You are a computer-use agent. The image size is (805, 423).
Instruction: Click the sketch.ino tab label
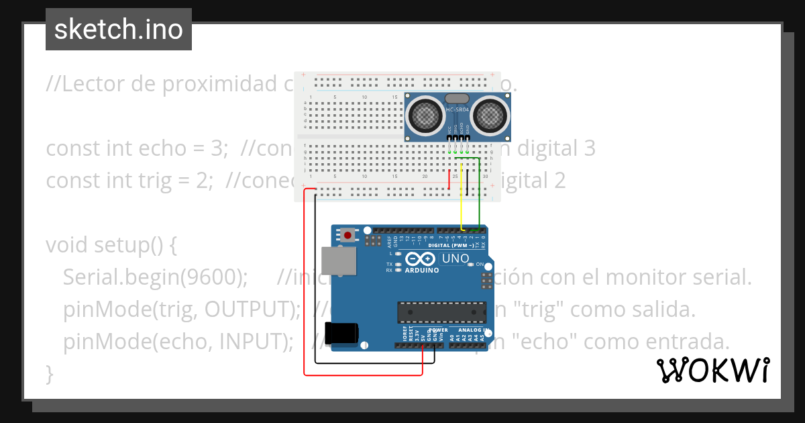point(119,30)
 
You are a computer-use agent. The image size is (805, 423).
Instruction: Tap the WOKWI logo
point(712,370)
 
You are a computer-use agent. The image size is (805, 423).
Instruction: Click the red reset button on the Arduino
point(348,235)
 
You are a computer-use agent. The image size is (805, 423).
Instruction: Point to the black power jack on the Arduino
point(341,334)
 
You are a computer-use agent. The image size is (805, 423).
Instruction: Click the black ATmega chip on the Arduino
point(441,312)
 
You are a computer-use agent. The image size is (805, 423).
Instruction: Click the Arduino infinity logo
point(421,259)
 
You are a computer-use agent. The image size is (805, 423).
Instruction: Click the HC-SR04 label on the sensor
point(458,109)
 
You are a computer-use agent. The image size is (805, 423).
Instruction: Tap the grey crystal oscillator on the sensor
point(458,99)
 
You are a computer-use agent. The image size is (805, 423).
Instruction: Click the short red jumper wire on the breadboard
point(449,179)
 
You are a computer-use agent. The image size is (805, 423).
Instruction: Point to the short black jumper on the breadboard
point(467,179)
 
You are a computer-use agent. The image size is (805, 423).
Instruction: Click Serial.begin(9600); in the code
point(156,277)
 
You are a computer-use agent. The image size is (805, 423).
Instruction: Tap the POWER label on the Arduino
point(437,330)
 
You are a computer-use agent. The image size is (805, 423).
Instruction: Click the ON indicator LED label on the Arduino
point(480,265)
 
